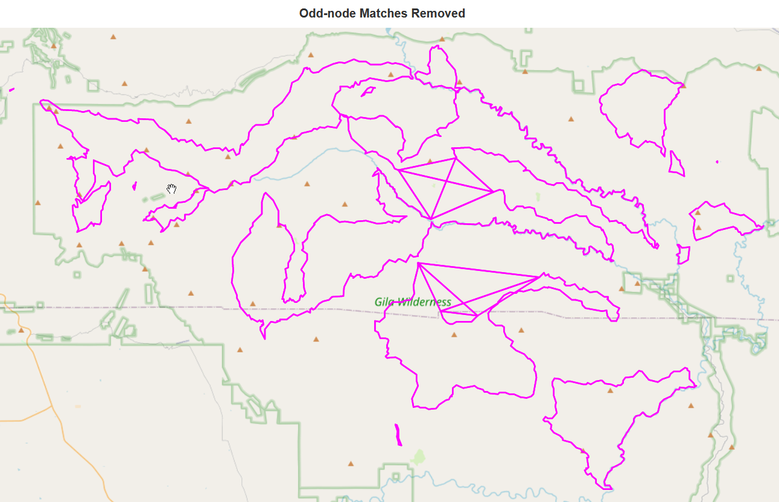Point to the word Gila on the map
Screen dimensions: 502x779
click(384, 302)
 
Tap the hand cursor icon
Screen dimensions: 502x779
click(172, 189)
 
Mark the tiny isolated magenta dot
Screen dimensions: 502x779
click(716, 162)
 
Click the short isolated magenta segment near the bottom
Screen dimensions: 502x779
click(398, 435)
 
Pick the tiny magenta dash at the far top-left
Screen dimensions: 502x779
click(12, 91)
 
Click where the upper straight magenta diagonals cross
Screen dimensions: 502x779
click(445, 182)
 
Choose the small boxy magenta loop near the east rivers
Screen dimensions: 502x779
click(682, 255)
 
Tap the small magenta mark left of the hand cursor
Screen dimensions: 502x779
click(134, 186)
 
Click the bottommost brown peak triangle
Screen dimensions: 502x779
click(351, 463)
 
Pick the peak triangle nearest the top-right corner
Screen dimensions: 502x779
click(758, 68)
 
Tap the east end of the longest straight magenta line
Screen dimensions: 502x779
click(542, 276)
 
